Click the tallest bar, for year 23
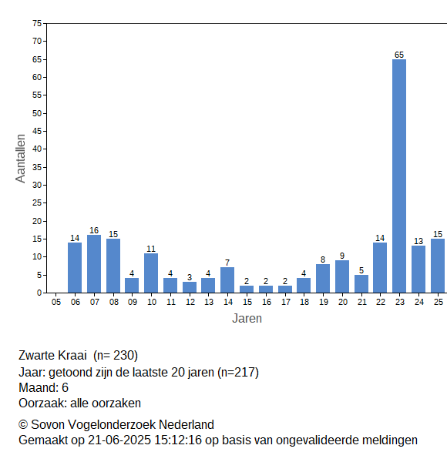(x=399, y=176)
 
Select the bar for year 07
(x=94, y=263)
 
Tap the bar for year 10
(x=151, y=273)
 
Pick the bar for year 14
(x=227, y=280)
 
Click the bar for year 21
(x=361, y=283)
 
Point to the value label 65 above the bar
(x=399, y=55)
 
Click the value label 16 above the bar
(x=94, y=230)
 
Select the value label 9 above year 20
(x=342, y=256)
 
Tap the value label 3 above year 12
(x=190, y=277)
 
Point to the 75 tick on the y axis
(x=37, y=23)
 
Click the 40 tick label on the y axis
(x=37, y=149)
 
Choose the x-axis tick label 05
(x=56, y=302)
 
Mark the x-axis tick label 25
(x=439, y=302)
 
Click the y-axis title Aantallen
(x=21, y=159)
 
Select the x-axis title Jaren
(x=247, y=319)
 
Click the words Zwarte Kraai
(x=52, y=355)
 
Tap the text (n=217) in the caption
(x=238, y=373)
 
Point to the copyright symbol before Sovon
(x=23, y=425)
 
